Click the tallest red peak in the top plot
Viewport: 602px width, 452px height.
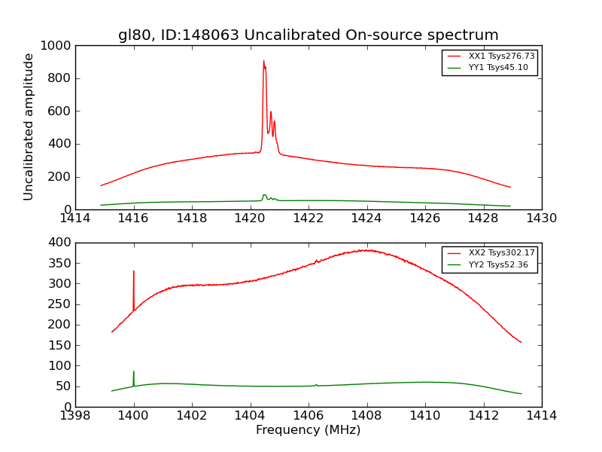263,62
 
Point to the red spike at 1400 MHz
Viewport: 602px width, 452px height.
134,273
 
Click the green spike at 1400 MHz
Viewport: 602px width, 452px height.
134,372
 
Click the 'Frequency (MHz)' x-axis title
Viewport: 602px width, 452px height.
308,430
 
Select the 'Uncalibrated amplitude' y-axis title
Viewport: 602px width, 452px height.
29,127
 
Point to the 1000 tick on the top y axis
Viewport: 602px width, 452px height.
58,46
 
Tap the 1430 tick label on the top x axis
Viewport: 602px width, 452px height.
541,218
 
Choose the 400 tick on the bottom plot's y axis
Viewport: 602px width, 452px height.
61,243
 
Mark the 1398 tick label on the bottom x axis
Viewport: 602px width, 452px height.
75,415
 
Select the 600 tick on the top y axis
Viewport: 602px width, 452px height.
61,111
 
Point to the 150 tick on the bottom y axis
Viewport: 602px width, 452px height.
61,325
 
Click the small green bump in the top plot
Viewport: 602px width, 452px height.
264,196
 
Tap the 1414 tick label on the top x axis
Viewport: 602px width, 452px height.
75,218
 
